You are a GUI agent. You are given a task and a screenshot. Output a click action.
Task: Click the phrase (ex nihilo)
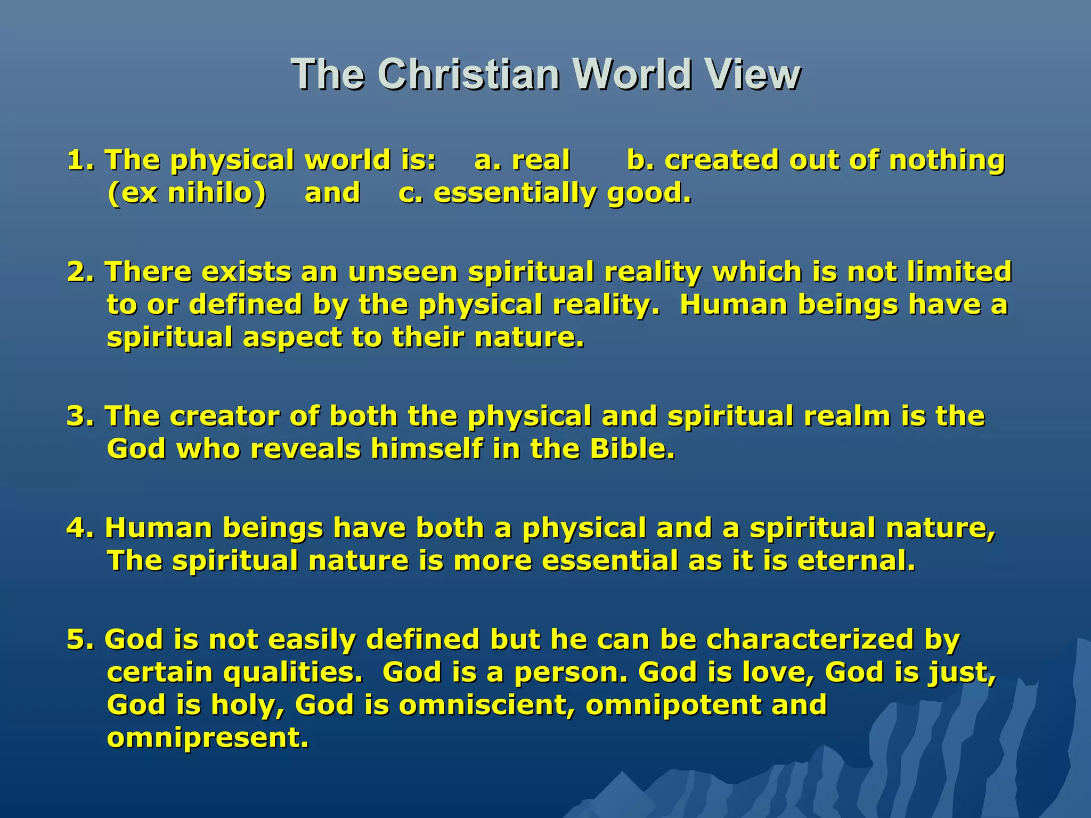pyautogui.click(x=186, y=193)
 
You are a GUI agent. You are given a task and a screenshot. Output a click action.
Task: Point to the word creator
pyautogui.click(x=224, y=416)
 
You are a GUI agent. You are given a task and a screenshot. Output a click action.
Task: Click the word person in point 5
pyautogui.click(x=571, y=673)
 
